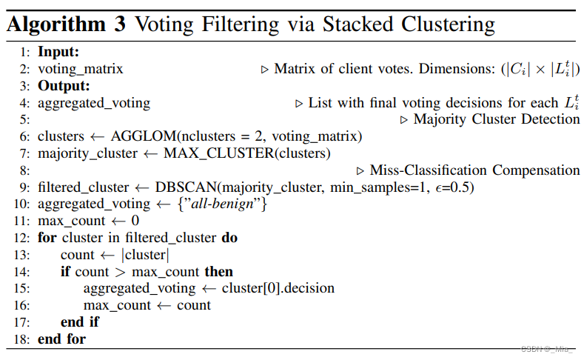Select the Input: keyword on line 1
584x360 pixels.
58,52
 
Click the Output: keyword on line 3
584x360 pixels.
64,86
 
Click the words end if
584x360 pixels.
80,322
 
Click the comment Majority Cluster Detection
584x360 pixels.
497,119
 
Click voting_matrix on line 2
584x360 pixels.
80,69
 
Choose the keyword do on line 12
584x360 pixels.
229,238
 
